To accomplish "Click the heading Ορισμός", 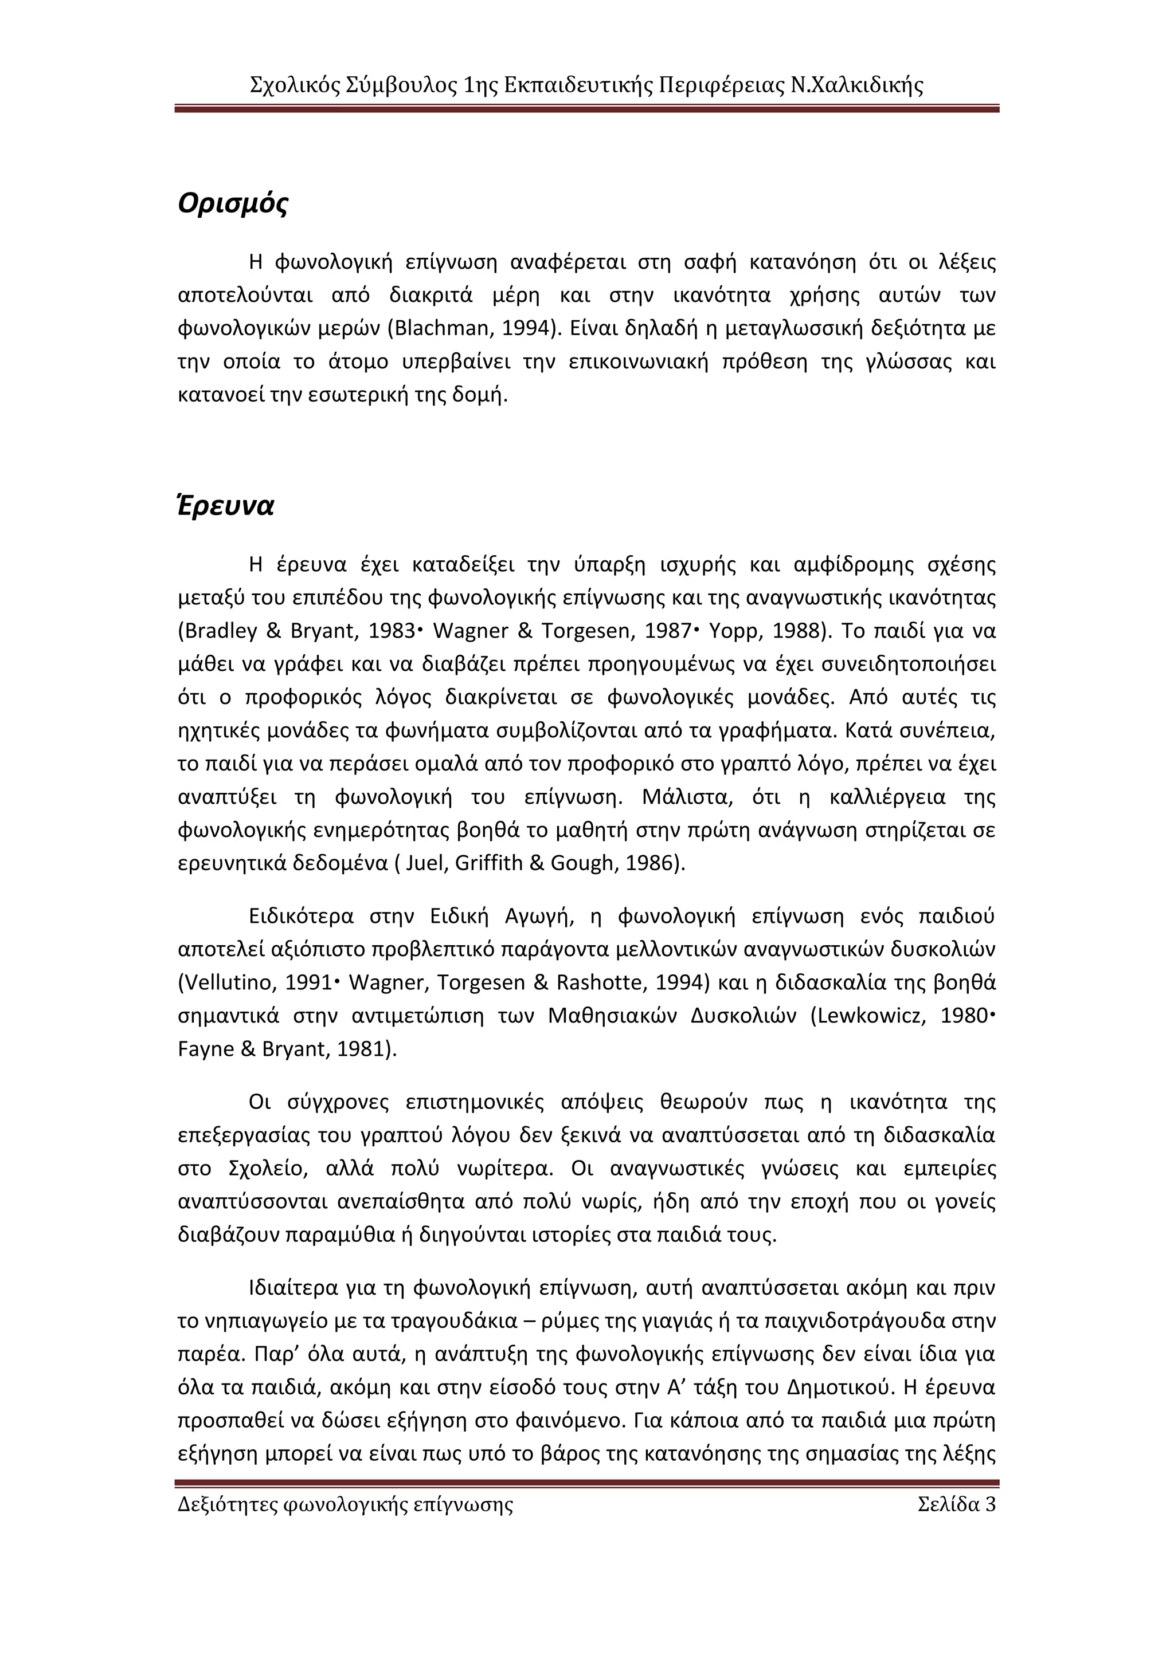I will [x=233, y=204].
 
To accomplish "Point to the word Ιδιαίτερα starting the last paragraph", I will [x=293, y=1288].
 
